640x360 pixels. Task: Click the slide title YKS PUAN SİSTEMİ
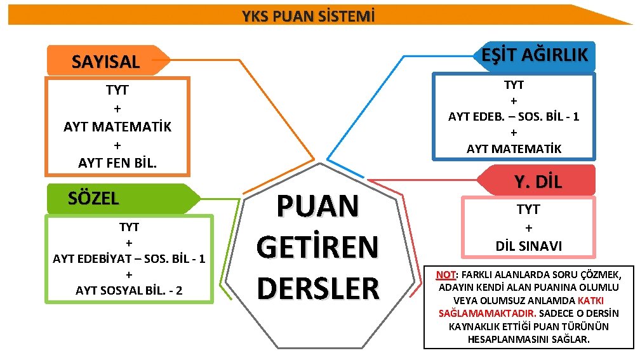(308, 15)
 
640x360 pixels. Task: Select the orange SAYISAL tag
(105, 62)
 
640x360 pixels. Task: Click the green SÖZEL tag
(93, 198)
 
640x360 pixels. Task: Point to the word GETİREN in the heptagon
(317, 247)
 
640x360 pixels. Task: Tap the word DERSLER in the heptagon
(317, 287)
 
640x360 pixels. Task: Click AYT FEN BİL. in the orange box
(117, 163)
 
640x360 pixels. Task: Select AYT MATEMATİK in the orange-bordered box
(117, 126)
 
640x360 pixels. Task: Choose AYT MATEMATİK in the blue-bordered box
(514, 149)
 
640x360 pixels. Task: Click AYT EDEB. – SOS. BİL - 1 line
(514, 116)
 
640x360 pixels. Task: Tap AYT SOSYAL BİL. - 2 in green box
(129, 290)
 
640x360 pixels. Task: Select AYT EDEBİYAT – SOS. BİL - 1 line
(129, 258)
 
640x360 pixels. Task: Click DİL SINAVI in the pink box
(528, 246)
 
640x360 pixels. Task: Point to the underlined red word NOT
(446, 275)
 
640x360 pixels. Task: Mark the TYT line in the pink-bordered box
(528, 210)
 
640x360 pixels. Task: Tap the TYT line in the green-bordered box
(129, 227)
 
